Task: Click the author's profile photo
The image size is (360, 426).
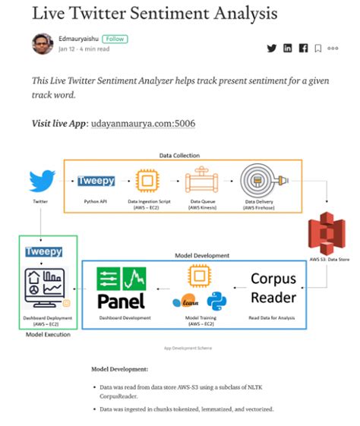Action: click(x=43, y=44)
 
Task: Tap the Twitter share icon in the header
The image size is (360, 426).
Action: click(x=271, y=49)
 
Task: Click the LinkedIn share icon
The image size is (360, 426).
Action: click(x=288, y=49)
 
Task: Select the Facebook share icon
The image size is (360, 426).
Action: click(x=303, y=49)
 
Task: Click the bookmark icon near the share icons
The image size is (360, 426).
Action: click(x=317, y=49)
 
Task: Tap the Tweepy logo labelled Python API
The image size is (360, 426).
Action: click(x=96, y=182)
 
